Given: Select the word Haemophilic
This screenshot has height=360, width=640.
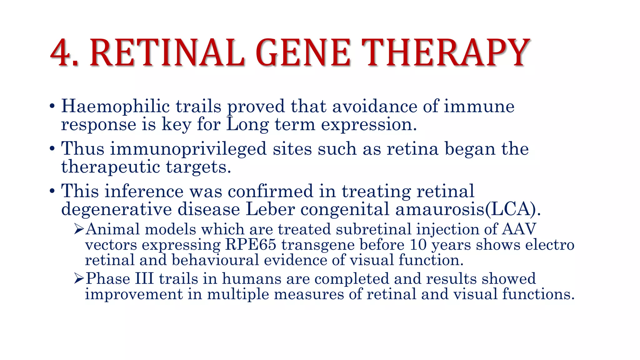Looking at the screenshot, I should coord(115,106).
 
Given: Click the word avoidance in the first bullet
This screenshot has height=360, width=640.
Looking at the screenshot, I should coord(374,106).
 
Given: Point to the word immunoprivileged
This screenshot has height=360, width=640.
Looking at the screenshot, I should coord(188,149).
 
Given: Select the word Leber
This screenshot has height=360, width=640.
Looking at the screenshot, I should coord(270,209).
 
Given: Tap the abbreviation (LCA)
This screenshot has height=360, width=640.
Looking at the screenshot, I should coord(512,209).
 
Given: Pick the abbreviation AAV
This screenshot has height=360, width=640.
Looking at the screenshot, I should coord(519,229).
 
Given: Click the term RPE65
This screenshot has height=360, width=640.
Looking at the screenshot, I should coord(251,244).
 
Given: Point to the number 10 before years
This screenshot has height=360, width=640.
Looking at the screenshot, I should coord(418,244).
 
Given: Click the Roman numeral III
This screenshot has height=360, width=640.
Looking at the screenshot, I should coord(144,278).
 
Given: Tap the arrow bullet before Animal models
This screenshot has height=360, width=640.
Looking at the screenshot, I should coord(79,229).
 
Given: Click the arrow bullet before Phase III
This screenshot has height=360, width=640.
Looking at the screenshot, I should coord(79,278).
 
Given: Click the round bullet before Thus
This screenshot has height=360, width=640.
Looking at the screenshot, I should coord(52,149).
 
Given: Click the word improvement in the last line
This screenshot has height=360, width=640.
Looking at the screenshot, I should coord(134,294).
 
